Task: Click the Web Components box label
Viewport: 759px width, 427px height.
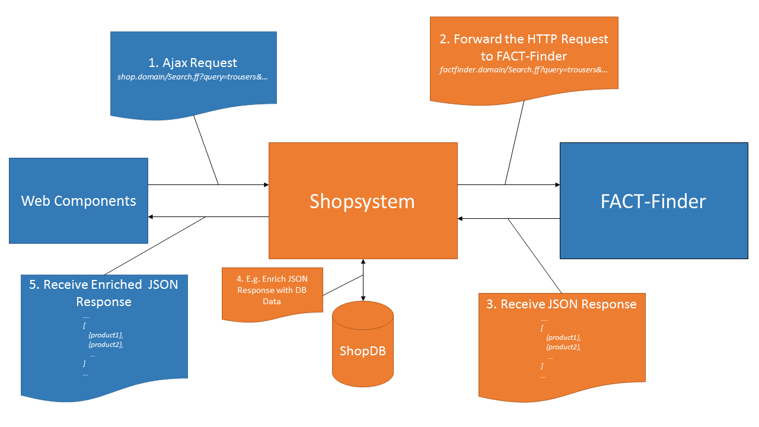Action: (x=78, y=201)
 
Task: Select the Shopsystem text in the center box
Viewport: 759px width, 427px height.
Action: (x=362, y=202)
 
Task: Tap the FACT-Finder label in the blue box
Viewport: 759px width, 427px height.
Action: (x=653, y=202)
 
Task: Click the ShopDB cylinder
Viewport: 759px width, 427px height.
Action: (x=362, y=350)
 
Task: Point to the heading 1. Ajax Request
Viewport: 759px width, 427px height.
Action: (x=193, y=63)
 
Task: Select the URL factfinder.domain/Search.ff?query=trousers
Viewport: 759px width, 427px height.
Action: (x=524, y=70)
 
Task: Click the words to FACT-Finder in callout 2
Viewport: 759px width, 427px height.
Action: (x=524, y=56)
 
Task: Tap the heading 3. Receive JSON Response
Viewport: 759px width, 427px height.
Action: (x=561, y=304)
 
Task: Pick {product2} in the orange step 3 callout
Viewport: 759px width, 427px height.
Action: (x=563, y=346)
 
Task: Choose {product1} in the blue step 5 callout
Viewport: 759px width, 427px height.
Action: (x=106, y=335)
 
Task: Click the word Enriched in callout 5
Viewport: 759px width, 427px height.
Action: (x=117, y=284)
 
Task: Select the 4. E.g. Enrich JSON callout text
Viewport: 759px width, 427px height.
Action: (x=272, y=279)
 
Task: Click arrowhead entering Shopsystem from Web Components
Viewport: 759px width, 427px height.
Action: (x=266, y=185)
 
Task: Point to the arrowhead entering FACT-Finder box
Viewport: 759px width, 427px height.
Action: (x=557, y=185)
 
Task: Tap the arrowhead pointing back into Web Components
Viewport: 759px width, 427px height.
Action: (x=151, y=217)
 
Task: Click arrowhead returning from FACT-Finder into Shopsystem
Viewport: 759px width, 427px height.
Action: (x=461, y=219)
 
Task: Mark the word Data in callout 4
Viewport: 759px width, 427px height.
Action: (x=272, y=301)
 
